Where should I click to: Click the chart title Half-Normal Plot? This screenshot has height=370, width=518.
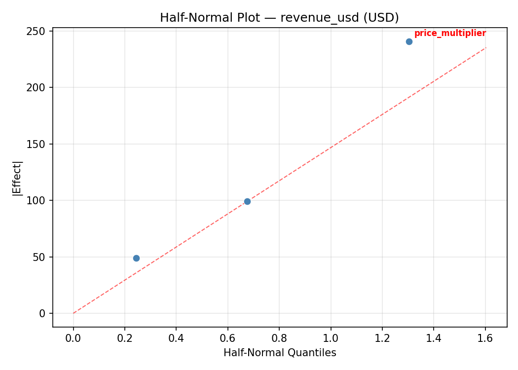[x=210, y=18]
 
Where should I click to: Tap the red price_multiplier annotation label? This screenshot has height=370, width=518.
[x=450, y=34]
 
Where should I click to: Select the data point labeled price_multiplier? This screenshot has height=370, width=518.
[x=409, y=41]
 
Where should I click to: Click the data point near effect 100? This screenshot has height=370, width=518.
[x=247, y=201]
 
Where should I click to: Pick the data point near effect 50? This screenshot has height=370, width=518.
[x=136, y=258]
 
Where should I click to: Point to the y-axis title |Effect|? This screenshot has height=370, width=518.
[x=18, y=178]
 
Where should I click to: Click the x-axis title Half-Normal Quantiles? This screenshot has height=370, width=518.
[x=280, y=353]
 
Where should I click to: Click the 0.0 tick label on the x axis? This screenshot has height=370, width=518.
[x=74, y=339]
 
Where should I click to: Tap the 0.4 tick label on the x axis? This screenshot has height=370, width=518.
[x=176, y=339]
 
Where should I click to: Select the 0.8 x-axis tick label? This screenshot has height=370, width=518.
[x=279, y=339]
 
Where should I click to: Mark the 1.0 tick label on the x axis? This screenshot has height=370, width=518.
[x=331, y=339]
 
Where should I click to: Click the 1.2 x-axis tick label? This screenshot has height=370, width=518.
[x=382, y=339]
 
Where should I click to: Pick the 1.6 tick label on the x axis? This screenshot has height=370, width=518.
[x=485, y=339]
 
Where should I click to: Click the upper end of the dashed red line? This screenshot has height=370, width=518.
[x=486, y=47]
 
